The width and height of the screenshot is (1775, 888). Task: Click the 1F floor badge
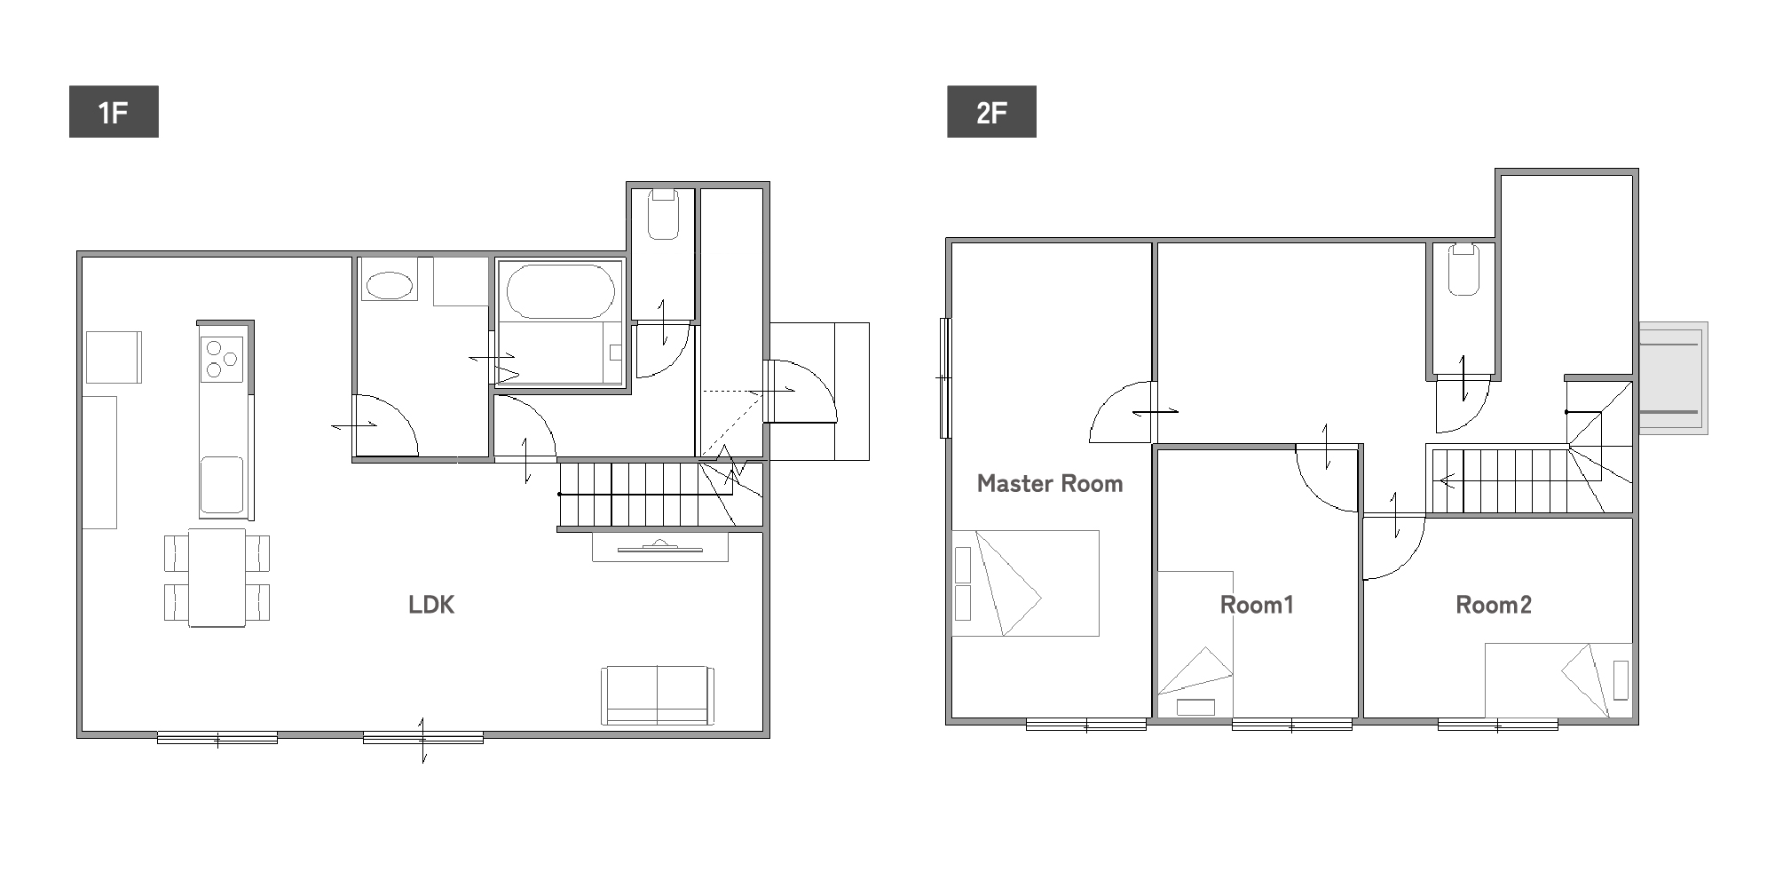114,112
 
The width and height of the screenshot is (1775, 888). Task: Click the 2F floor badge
991,112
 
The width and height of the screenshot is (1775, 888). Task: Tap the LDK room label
431,605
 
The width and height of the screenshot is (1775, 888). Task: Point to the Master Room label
1050,483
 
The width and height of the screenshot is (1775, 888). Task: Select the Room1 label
1257,605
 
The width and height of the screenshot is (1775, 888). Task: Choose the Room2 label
1494,605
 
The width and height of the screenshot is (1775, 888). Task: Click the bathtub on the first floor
560,290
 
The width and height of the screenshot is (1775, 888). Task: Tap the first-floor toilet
663,214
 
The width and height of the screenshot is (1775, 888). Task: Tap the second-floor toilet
1464,270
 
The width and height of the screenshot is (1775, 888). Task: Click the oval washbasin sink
390,285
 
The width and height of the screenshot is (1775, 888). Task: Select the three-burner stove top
222,359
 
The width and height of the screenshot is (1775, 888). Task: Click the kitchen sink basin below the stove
222,485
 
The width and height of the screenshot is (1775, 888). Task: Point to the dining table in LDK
217,577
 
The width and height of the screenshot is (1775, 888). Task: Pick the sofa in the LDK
658,696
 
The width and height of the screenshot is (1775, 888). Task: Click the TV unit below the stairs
660,547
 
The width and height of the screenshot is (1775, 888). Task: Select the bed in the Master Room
1025,583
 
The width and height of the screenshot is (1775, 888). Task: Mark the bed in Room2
1558,680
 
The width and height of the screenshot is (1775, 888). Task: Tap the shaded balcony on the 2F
1673,377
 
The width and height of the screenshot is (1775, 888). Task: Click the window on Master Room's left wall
945,377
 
